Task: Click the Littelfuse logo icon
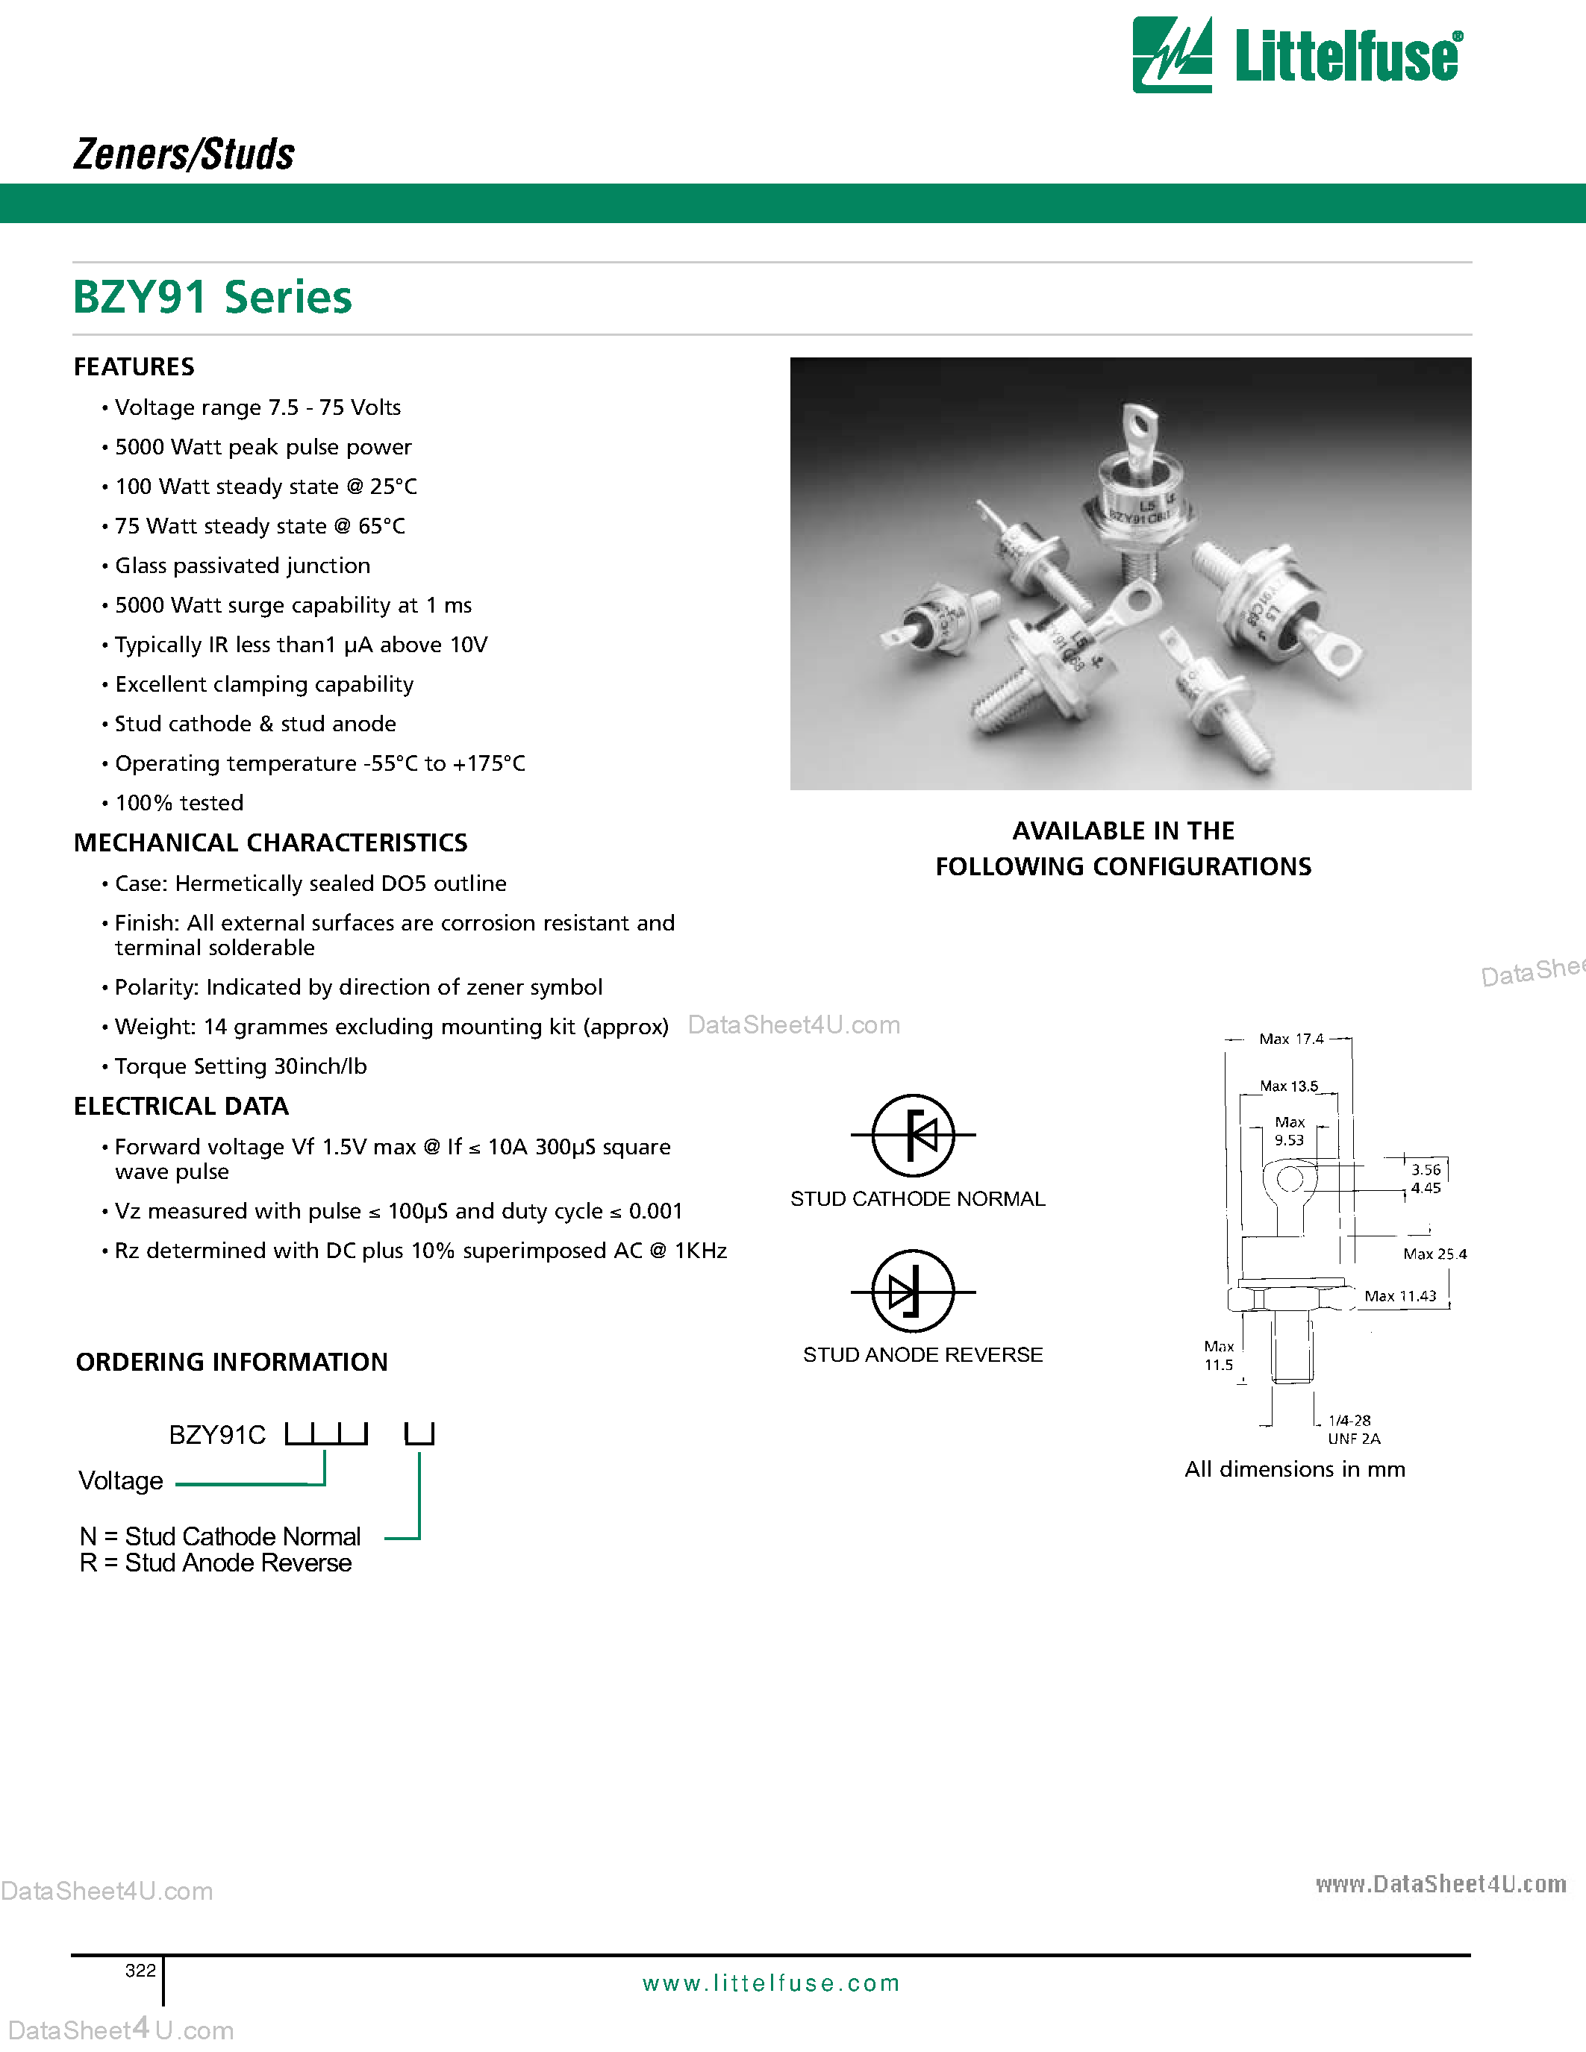click(1172, 55)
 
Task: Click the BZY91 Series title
click(213, 298)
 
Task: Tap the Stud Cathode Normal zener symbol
click(912, 1135)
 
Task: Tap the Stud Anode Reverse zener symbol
click(912, 1291)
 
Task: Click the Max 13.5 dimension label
click(1288, 1086)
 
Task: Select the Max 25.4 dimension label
click(1434, 1254)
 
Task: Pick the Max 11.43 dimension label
click(1400, 1297)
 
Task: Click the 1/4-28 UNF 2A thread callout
click(1353, 1429)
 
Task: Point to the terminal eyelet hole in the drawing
click(1289, 1178)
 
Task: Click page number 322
click(140, 1970)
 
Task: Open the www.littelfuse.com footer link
click(770, 1983)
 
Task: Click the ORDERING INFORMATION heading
click(231, 1363)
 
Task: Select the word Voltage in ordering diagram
click(120, 1482)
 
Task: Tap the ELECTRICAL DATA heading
click(181, 1107)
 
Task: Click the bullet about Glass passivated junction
click(242, 566)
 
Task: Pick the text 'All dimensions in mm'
click(1293, 1469)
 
